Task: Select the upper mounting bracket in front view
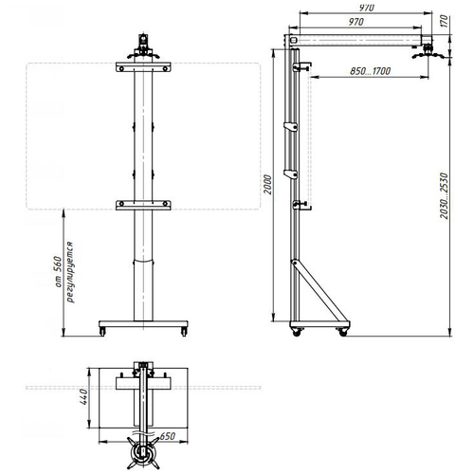coord(144,68)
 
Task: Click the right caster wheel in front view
coord(183,330)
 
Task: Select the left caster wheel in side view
coord(295,332)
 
